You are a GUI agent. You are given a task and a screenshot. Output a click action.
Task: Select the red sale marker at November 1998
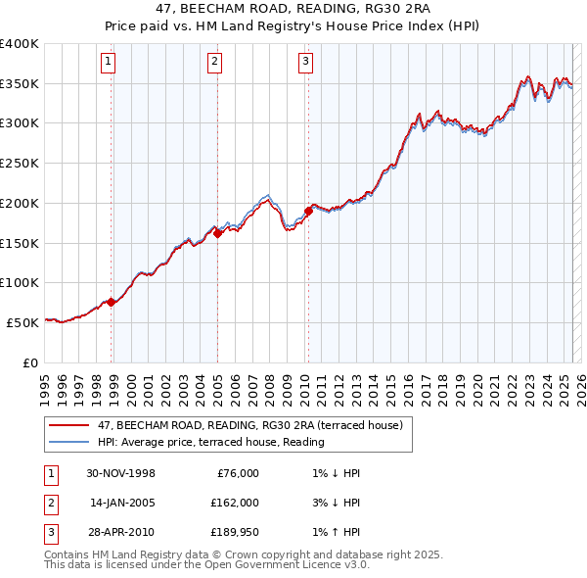point(112,302)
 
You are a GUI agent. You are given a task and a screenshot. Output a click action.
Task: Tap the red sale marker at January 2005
point(217,233)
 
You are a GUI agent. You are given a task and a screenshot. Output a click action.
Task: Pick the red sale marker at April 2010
point(308,211)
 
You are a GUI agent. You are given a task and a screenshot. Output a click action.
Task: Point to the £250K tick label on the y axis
point(20,164)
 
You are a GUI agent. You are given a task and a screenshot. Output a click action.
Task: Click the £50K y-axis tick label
point(23,322)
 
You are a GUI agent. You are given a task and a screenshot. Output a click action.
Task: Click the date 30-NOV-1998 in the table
point(121,473)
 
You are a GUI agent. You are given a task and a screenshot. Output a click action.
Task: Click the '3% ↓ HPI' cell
point(332,503)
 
